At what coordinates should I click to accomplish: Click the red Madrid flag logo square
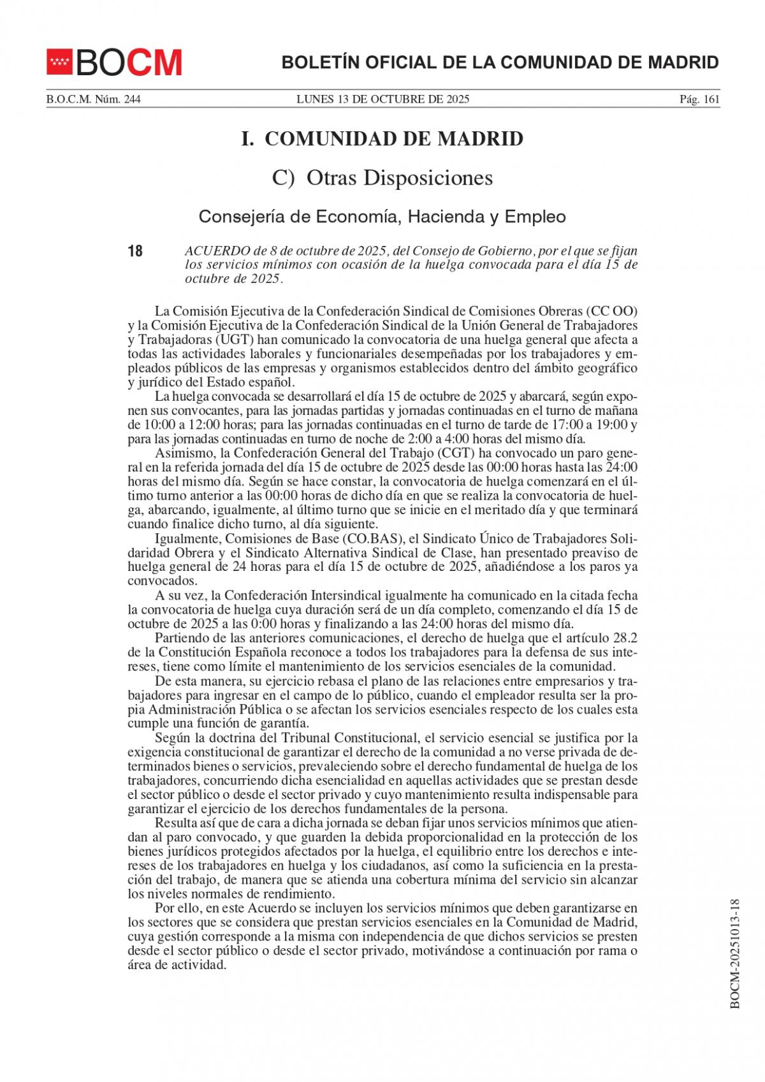pos(60,62)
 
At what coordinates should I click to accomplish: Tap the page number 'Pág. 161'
pos(699,99)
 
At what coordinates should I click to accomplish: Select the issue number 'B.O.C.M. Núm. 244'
pos(93,99)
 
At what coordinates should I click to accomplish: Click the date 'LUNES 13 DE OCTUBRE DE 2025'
pos(382,99)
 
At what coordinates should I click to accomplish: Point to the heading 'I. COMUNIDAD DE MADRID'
pos(382,139)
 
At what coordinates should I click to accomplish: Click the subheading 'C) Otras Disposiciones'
pos(382,178)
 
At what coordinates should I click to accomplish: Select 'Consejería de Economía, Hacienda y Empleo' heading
pos(382,217)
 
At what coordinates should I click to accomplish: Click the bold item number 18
pos(135,251)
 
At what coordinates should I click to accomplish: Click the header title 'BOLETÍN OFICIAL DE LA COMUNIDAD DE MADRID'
pos(500,62)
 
